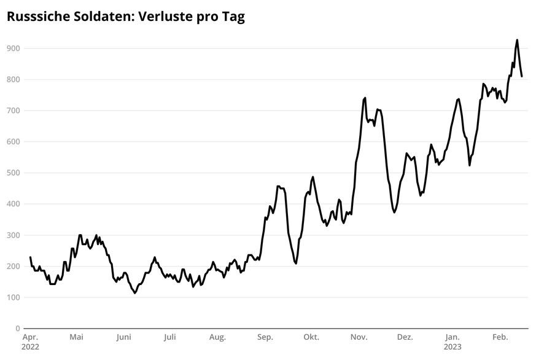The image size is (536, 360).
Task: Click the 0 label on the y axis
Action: (x=18, y=329)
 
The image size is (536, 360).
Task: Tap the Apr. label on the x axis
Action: (x=30, y=337)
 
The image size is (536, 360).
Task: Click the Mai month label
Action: (x=76, y=337)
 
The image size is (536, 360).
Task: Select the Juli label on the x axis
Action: (x=170, y=337)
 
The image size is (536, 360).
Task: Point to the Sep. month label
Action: (x=265, y=337)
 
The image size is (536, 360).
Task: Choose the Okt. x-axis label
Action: (x=311, y=337)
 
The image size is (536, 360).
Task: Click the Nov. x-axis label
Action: (x=359, y=337)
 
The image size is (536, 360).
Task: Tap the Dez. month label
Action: (x=405, y=337)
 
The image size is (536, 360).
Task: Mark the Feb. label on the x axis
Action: (x=500, y=337)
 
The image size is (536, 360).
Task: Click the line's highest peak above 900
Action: (x=517, y=40)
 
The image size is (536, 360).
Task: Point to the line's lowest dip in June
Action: (x=134, y=293)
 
